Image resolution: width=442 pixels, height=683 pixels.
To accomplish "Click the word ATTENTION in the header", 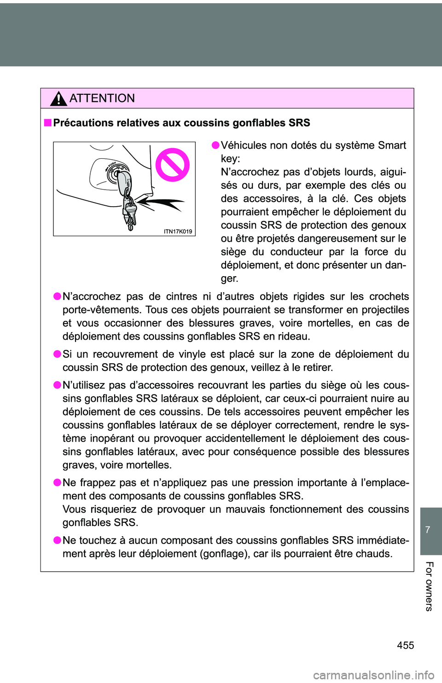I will (x=102, y=98).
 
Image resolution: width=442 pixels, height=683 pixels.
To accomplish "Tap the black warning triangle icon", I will (x=59, y=99).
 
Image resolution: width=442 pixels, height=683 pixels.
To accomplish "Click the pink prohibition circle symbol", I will (x=172, y=165).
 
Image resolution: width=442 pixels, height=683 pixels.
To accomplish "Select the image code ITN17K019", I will (x=178, y=232).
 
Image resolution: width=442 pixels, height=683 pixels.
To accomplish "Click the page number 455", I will (x=405, y=645).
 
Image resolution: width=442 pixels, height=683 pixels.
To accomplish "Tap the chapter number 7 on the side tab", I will (x=428, y=530).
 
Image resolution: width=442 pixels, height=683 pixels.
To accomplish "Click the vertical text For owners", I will (x=429, y=586).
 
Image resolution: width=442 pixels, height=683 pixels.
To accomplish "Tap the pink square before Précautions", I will (x=48, y=123).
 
